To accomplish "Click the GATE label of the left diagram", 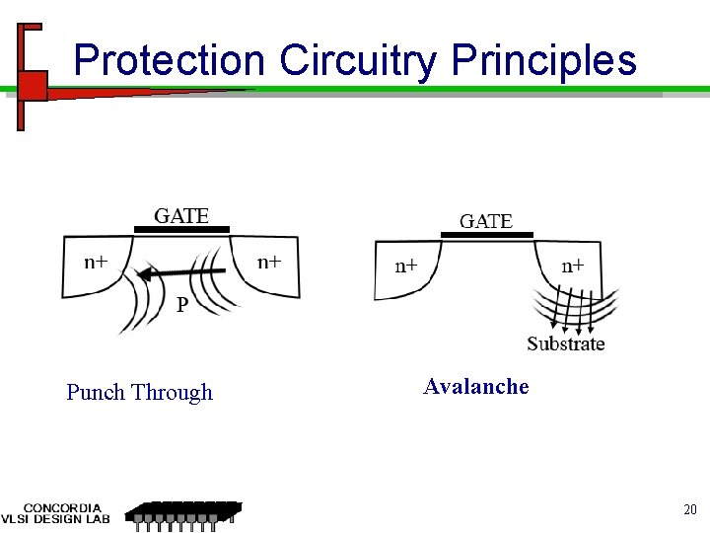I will click(181, 215).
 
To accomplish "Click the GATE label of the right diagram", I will click(486, 221).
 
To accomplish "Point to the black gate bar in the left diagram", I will click(181, 229).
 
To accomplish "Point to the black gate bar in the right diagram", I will click(486, 235).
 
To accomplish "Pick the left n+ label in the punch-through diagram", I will click(96, 262).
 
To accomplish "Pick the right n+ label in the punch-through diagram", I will click(269, 262).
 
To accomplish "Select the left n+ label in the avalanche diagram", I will click(406, 266).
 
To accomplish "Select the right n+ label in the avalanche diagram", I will click(573, 266).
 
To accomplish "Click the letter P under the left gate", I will click(182, 305).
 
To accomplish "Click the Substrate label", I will click(565, 343).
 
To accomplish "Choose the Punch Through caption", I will click(139, 393).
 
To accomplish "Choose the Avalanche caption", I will click(476, 387).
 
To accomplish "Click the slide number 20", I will click(689, 509).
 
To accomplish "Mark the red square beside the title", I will click(33, 85).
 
